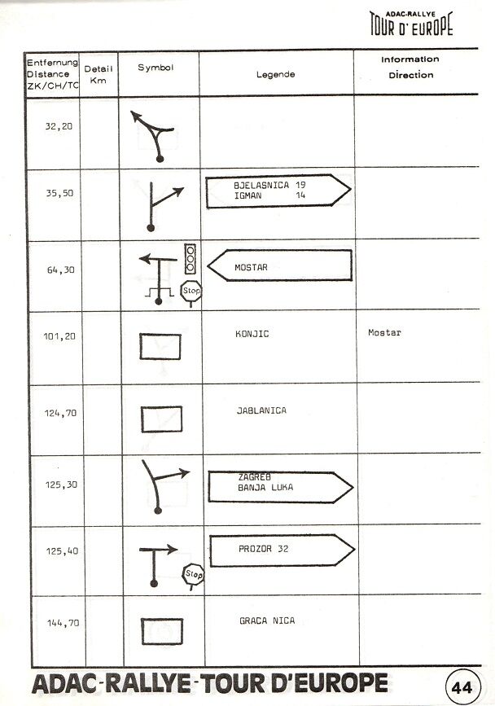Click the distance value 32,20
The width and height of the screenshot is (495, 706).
pos(59,126)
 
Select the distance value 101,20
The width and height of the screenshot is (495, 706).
pos(59,336)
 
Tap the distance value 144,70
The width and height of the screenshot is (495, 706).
pos(63,623)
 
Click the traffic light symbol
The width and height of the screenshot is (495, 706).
pos(191,259)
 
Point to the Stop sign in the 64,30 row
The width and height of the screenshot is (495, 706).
pos(191,292)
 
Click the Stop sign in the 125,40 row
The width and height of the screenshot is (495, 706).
pos(194,576)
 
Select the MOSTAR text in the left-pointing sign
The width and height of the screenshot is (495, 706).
pos(251,267)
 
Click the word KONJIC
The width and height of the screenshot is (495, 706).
pos(252,334)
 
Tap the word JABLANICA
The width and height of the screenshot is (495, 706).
pos(261,410)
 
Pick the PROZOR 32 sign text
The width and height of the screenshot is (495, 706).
pos(263,549)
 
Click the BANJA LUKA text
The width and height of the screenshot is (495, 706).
pos(265,487)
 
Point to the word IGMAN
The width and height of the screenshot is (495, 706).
pos(248,195)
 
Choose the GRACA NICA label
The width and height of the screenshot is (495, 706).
pos(267,620)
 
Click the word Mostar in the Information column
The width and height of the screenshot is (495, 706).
pos(384,333)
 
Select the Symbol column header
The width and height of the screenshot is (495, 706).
pos(156,68)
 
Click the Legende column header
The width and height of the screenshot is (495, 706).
pos(276,74)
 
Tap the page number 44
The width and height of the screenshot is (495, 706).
pos(462,687)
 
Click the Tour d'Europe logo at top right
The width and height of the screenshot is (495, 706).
pos(411,24)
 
